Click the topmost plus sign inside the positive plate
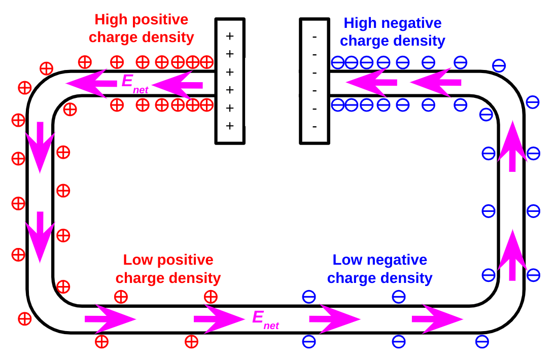[230, 36]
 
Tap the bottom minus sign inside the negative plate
[315, 126]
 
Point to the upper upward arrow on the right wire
[512, 146]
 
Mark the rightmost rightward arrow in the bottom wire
[437, 319]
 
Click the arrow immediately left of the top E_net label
[91, 83]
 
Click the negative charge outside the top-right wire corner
[499, 65]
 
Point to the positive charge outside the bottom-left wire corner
[24, 319]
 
